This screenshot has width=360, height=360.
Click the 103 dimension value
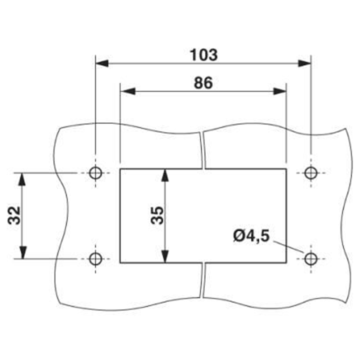pos(204,55)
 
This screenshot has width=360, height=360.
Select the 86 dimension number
pos(203,83)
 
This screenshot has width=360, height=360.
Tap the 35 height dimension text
pos(157,216)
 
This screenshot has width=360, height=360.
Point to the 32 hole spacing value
pos(14,216)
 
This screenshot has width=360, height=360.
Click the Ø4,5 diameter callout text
pos(251,236)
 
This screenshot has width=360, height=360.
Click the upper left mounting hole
pos(95,173)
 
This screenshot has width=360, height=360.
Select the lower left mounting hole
pos(95,259)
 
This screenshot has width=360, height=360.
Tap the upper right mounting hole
pos(311,173)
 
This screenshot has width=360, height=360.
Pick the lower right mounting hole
pos(311,259)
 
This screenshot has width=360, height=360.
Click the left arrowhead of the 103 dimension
pos(102,63)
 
